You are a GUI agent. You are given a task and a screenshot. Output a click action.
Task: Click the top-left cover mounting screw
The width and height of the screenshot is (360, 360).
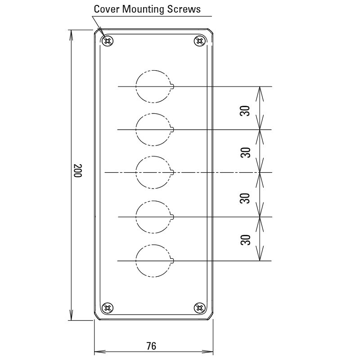[107, 41]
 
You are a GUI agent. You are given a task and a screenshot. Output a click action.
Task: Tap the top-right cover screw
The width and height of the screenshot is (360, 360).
[200, 41]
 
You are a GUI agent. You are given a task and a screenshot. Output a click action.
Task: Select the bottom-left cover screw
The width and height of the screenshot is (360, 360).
[107, 308]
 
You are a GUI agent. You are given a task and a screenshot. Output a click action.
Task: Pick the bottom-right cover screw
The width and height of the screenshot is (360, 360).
[200, 308]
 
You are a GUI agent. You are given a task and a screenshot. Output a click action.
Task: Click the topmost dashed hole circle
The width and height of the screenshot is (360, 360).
[136, 86]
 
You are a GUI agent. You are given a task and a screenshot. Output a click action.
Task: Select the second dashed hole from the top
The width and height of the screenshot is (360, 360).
[136, 130]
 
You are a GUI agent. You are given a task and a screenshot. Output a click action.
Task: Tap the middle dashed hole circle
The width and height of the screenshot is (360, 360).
[136, 173]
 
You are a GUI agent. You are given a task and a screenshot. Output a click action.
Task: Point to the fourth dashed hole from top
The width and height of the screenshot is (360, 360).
[136, 217]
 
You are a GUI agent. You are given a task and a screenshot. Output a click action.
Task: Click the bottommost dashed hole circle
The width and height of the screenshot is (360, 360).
[136, 261]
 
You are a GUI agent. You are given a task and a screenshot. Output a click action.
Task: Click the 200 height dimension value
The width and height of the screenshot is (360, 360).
[77, 171]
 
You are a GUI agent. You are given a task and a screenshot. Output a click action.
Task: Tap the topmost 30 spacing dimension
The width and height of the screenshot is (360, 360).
[245, 111]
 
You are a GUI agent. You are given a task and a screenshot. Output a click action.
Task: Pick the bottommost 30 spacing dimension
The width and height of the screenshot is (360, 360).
[245, 240]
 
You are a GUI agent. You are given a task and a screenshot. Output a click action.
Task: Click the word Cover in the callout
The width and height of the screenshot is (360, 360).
[107, 9]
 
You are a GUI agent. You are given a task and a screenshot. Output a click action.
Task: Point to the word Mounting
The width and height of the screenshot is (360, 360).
[143, 9]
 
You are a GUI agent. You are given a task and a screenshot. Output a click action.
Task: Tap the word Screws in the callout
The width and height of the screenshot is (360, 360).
[184, 9]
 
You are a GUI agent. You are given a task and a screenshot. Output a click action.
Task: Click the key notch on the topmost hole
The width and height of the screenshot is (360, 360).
[172, 86]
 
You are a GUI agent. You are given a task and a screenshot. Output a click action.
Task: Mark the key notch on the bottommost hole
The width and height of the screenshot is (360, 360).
[172, 261]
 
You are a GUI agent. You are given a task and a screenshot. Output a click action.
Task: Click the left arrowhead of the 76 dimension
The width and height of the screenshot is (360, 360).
[100, 351]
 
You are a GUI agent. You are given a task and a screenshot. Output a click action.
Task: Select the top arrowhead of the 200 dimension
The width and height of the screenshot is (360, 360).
[71, 36]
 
